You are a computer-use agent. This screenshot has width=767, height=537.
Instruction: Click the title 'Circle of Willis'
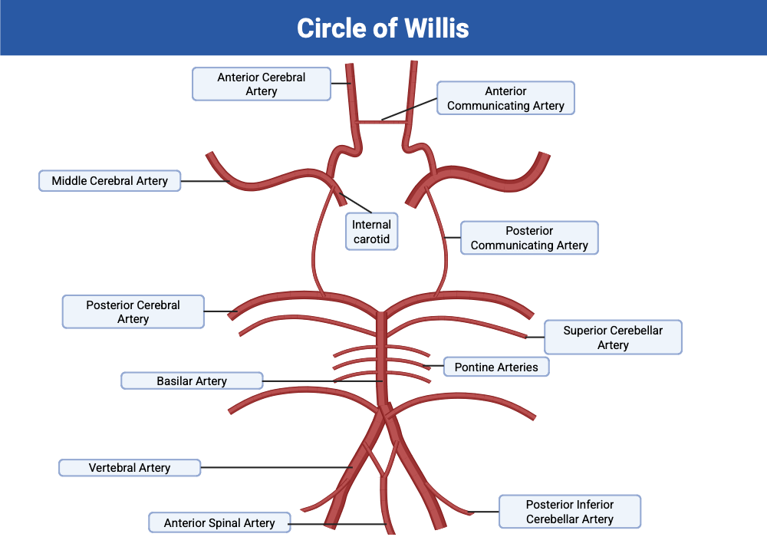[x=383, y=28]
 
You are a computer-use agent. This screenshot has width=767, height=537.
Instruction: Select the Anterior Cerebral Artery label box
[x=261, y=84]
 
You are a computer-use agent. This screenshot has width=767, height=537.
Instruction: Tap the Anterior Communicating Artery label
[x=505, y=98]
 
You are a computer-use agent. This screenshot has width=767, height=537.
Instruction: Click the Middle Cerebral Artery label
[x=110, y=181]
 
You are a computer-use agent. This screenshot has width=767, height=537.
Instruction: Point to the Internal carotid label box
[x=371, y=232]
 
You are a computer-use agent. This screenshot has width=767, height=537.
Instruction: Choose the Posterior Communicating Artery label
[x=529, y=238]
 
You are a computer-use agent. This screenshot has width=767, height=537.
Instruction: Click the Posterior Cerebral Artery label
[x=133, y=311]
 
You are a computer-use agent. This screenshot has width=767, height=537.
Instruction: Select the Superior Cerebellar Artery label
[x=612, y=338]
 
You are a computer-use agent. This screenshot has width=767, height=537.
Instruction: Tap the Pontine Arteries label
[x=496, y=367]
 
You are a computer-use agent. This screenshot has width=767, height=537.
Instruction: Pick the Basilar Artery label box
[x=192, y=381]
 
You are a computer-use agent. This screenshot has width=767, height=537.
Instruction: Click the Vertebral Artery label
[x=130, y=467]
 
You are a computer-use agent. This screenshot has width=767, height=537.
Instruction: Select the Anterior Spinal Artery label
[x=219, y=523]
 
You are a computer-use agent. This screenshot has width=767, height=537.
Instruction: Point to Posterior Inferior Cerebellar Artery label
[x=569, y=512]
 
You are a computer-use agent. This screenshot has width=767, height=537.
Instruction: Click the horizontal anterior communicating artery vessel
[x=381, y=121]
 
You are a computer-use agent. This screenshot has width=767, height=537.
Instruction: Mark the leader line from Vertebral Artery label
[x=276, y=467]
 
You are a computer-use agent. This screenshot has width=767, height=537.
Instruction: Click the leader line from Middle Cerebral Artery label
[x=206, y=181]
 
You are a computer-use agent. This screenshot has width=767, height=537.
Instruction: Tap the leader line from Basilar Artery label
[x=322, y=381]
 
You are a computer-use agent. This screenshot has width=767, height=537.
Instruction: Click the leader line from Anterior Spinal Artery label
[x=337, y=524]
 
